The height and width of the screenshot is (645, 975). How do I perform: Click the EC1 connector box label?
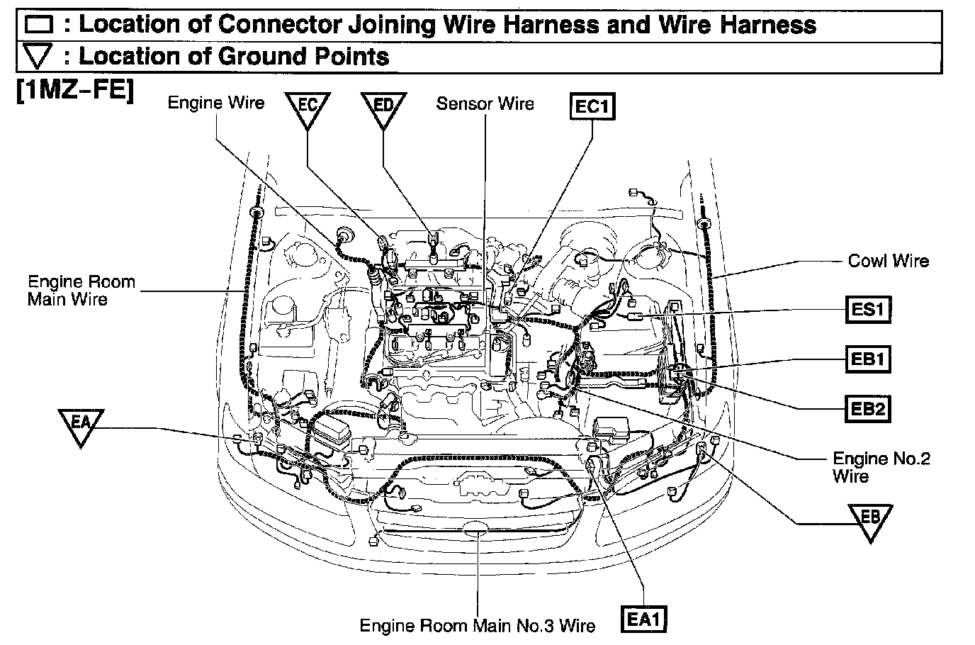(592, 107)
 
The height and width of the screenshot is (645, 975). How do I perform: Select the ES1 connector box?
(868, 309)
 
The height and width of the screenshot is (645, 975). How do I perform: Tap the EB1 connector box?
(868, 359)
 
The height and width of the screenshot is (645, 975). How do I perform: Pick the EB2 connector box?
(868, 409)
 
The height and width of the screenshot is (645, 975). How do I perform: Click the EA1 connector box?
(644, 619)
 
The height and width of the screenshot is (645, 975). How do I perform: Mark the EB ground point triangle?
(871, 519)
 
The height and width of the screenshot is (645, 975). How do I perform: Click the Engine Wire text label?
(215, 103)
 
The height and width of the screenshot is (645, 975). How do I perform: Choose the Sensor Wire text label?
(485, 103)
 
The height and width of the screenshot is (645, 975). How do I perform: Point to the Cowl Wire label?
(888, 261)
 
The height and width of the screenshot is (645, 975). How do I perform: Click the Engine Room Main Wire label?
(81, 290)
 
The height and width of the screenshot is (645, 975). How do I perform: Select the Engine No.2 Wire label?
(881, 467)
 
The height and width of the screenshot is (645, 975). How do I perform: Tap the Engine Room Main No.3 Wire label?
(478, 625)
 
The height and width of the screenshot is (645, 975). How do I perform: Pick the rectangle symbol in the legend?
(39, 26)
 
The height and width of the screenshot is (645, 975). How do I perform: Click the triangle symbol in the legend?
(39, 57)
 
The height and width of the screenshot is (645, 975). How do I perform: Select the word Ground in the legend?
(259, 56)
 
